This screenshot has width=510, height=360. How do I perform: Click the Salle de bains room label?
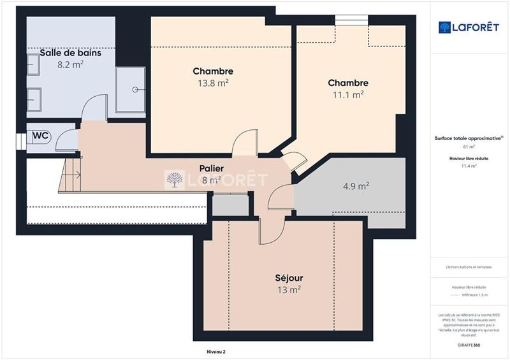click(70, 53)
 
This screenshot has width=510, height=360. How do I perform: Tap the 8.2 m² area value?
click(70, 64)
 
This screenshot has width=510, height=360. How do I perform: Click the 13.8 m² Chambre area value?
click(213, 82)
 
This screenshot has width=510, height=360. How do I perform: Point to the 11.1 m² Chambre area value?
click(348, 94)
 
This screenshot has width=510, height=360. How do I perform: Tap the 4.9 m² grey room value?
click(356, 187)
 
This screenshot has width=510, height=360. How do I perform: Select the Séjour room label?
click(289, 278)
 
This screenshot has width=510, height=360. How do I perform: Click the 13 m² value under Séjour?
click(289, 290)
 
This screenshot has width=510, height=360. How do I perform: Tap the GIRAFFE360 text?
click(469, 344)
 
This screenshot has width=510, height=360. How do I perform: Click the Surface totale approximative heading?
click(469, 138)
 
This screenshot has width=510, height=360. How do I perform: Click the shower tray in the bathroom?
click(130, 90)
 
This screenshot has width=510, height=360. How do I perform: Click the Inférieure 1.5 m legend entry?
click(474, 295)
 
